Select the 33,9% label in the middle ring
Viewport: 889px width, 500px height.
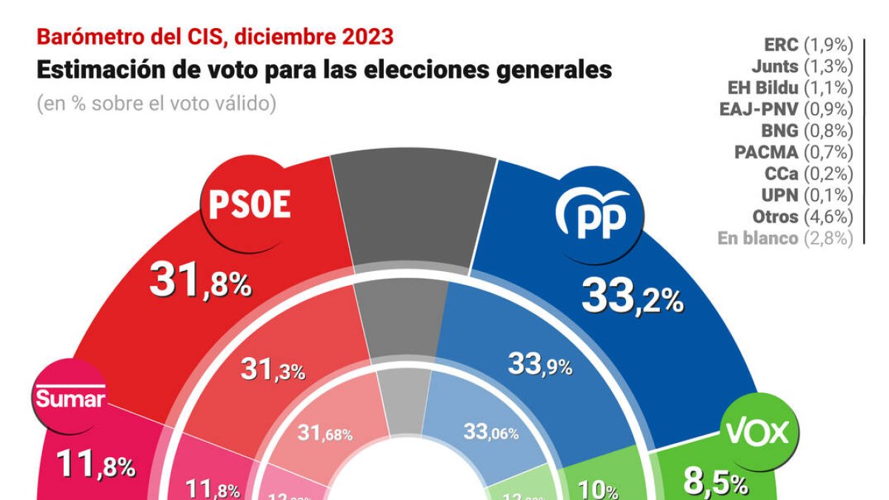point(539,364)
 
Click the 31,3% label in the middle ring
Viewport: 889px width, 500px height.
point(273,369)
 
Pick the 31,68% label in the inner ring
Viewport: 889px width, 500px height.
point(324,433)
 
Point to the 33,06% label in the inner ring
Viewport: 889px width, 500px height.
point(490,431)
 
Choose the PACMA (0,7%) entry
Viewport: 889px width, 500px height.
point(793,153)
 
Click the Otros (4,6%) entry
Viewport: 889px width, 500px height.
point(802,217)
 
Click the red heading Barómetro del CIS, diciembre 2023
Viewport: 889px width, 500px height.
point(215,36)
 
